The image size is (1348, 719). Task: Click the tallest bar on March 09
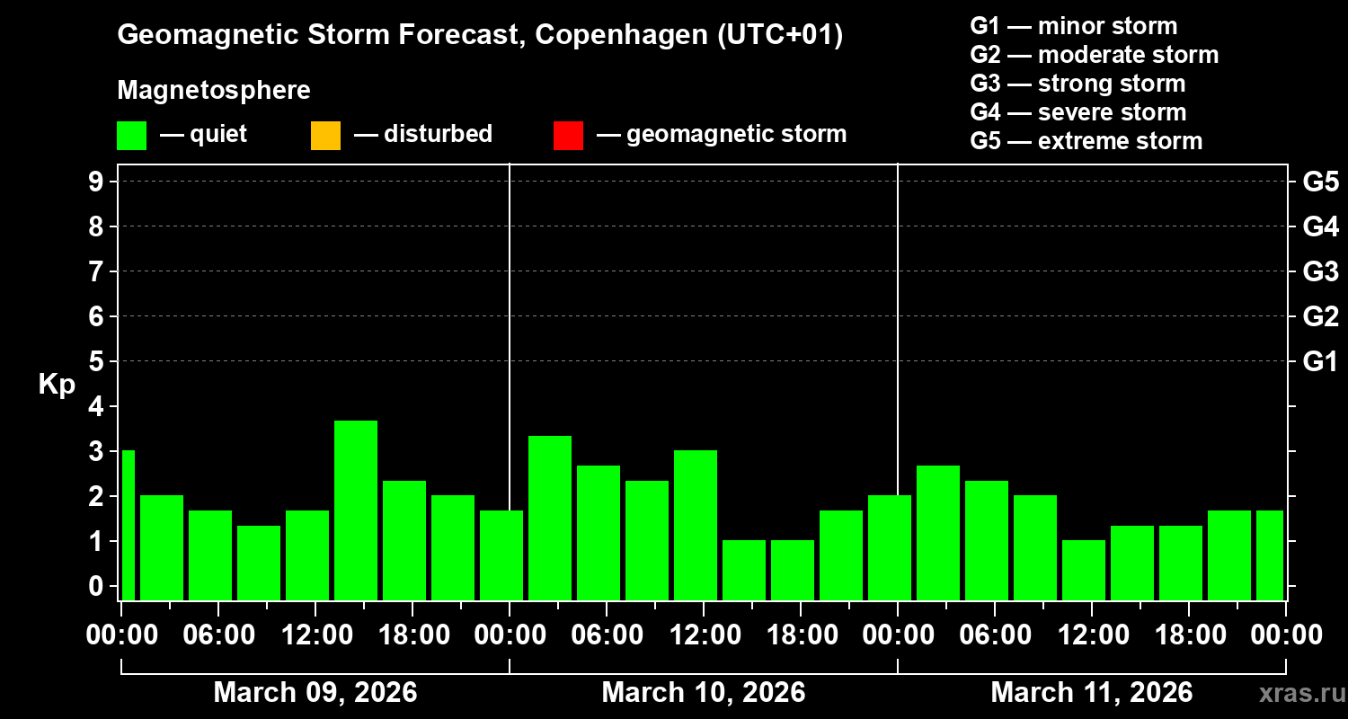356,510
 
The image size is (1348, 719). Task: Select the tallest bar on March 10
550,518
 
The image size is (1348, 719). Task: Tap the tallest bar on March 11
938,532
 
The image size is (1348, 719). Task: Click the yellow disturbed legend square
325,136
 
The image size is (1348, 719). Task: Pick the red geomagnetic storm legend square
568,136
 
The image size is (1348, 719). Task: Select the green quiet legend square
131,136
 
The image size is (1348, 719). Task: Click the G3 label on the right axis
1320,271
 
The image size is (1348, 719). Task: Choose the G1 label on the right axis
1320,361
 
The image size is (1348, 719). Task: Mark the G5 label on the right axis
1320,182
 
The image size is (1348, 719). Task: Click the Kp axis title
57,385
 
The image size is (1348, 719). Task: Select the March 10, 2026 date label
703,693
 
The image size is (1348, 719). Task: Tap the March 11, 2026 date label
1091,693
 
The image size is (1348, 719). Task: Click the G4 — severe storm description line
1078,112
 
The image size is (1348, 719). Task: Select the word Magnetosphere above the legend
214,91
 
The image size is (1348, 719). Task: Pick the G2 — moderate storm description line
1094,55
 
